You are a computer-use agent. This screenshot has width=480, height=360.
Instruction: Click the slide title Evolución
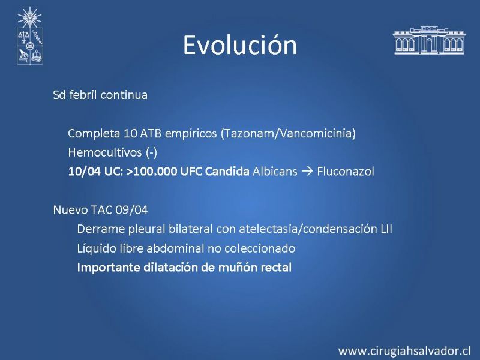(x=240, y=44)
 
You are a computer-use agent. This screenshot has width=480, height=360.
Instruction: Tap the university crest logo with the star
(x=29, y=36)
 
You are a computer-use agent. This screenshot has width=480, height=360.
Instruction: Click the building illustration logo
(x=429, y=40)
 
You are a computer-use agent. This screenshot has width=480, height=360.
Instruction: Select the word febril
(x=83, y=95)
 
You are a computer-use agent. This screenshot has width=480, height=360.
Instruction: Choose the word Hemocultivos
(x=105, y=152)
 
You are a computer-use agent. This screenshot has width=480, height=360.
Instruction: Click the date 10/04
(x=84, y=172)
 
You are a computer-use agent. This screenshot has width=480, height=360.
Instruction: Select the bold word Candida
(x=227, y=172)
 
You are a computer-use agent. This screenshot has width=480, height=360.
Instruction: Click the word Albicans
(x=275, y=172)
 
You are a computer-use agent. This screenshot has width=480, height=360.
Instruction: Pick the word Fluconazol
(x=346, y=172)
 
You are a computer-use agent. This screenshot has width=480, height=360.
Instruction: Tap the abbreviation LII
(x=386, y=229)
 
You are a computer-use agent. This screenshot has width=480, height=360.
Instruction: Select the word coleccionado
(x=260, y=248)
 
